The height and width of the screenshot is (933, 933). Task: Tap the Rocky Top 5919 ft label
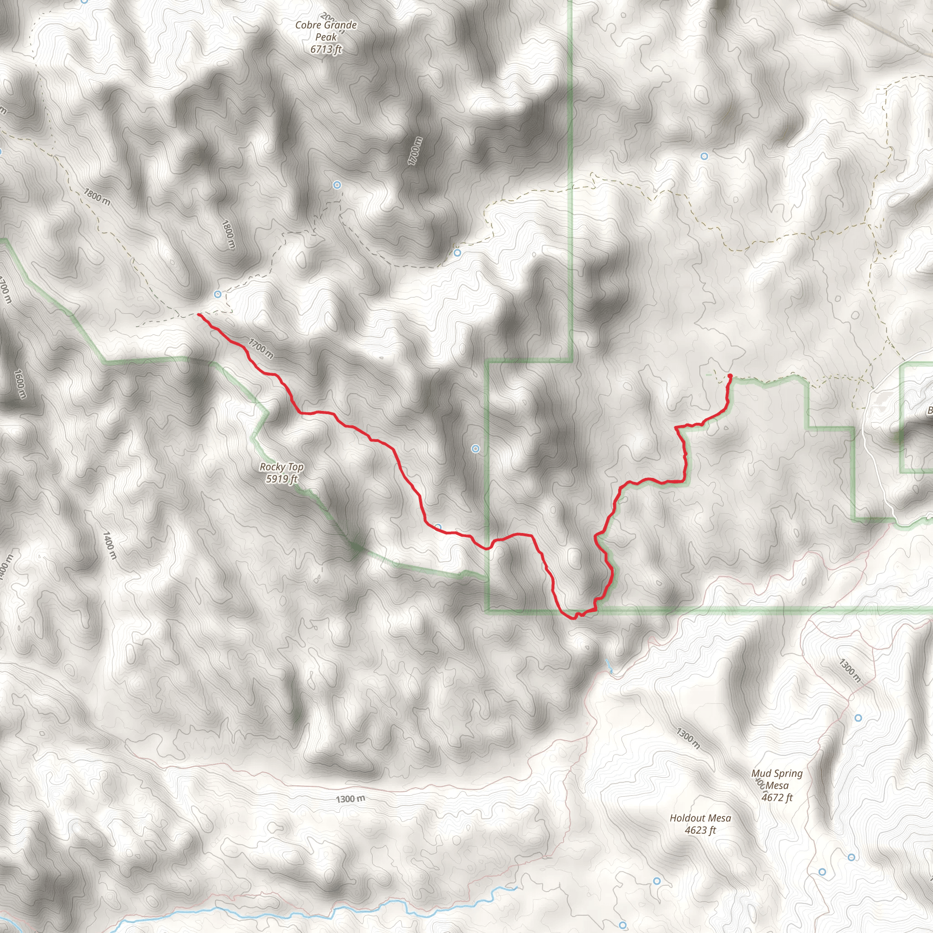point(282,473)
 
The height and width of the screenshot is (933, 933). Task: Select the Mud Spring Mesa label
point(777,785)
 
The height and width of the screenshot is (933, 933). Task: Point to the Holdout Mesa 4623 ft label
point(700,824)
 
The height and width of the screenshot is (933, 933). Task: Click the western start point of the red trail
point(199,315)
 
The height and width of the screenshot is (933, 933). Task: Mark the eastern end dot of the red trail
point(730,376)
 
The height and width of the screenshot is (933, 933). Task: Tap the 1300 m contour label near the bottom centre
point(351,799)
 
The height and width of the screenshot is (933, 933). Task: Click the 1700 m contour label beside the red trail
point(261,349)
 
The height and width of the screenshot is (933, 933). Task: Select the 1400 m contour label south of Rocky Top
point(110,546)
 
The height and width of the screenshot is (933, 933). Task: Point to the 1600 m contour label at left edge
point(20,384)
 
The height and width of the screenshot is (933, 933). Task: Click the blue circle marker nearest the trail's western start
point(218,294)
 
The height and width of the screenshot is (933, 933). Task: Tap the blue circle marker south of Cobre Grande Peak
point(337,185)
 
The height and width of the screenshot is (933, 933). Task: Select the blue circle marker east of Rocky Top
point(476,449)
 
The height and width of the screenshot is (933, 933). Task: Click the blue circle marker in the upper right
point(704,156)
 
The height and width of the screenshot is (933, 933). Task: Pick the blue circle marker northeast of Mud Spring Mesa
point(858,718)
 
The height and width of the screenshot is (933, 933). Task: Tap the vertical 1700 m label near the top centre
point(415,151)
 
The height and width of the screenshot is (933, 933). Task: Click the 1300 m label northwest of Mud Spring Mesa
point(687,738)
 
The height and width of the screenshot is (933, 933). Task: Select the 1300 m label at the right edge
point(850,671)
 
